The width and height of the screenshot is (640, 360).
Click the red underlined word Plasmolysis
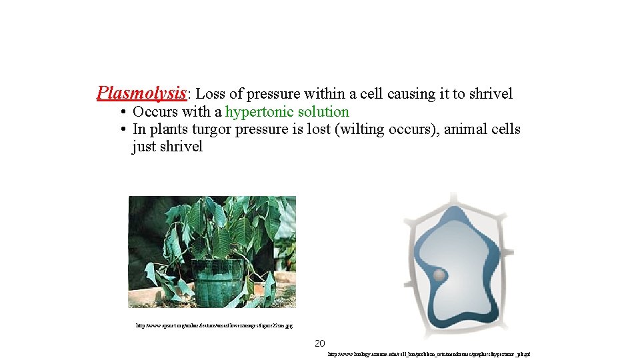point(141,93)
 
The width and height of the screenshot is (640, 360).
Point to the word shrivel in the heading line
point(491,94)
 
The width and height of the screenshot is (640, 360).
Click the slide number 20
point(320,343)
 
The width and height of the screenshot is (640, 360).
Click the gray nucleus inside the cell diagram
point(439,275)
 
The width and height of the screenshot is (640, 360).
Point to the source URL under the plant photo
point(214,326)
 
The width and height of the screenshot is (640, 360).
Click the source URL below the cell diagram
point(429,355)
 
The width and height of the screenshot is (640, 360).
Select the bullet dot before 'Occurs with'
point(124,112)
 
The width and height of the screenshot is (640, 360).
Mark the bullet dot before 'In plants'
point(124,129)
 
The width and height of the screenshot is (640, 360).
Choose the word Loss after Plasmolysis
point(211,94)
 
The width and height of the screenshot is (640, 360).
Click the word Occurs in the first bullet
point(155,112)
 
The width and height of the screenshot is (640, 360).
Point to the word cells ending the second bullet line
point(504,129)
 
